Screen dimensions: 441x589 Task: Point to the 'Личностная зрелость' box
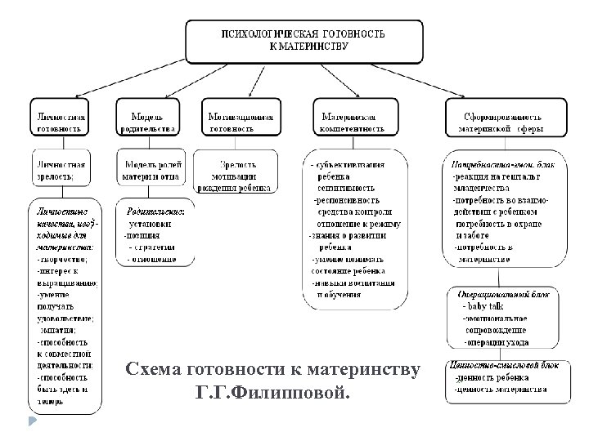(62, 169)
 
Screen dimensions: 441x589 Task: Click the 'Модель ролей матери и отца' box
(151, 169)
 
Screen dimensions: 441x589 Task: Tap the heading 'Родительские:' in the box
(156, 211)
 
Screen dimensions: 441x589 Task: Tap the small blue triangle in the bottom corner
(32, 422)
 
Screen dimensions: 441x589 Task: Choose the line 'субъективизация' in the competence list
(352, 163)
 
